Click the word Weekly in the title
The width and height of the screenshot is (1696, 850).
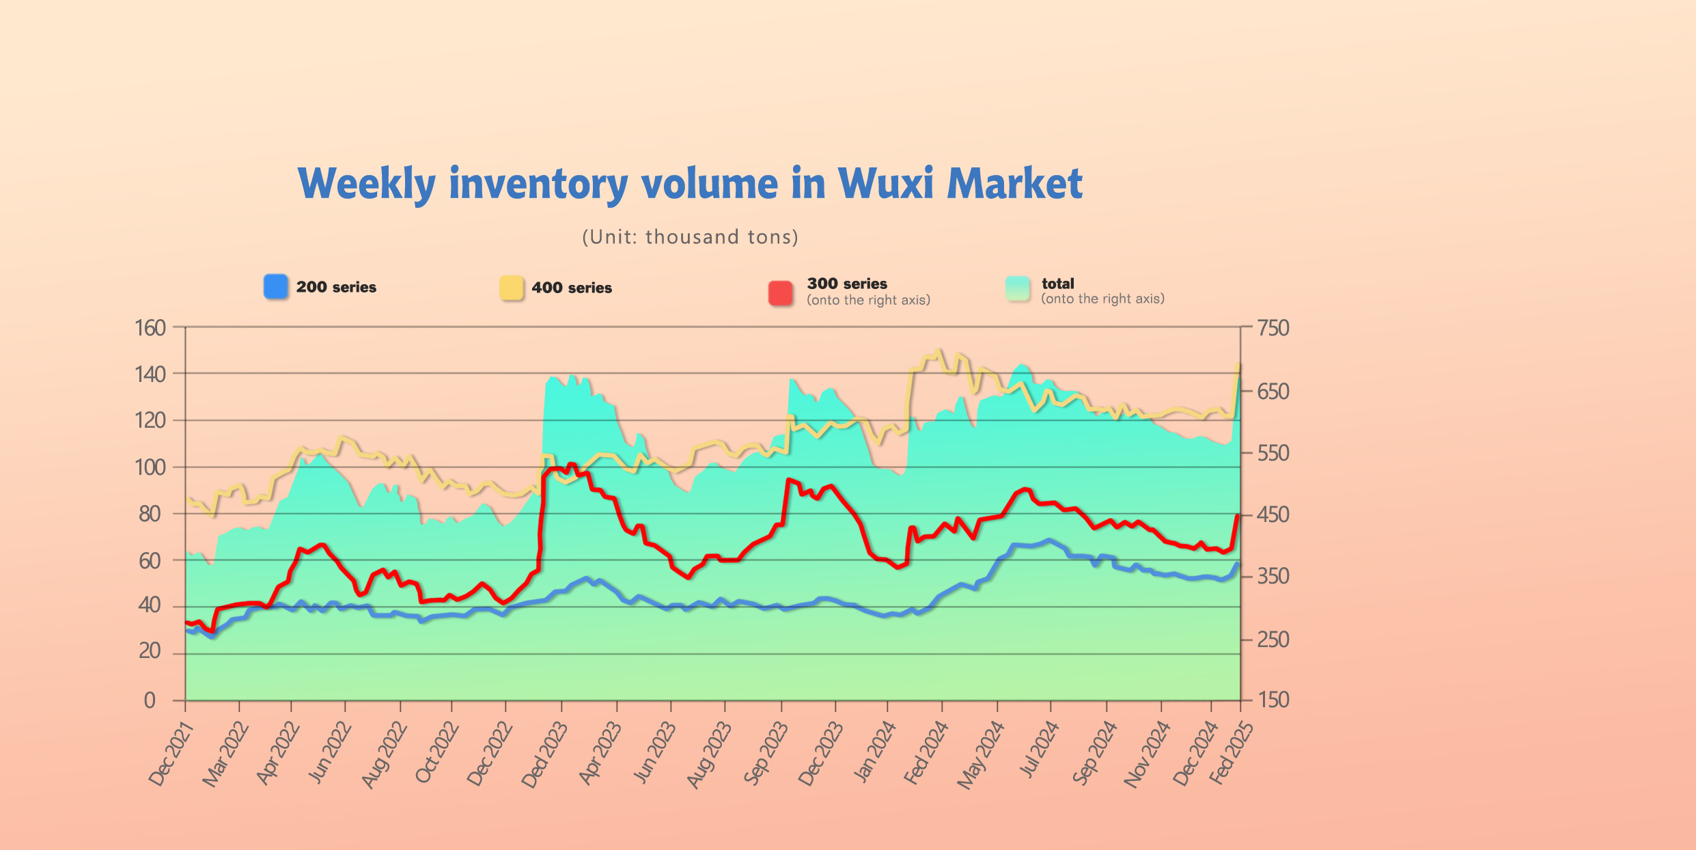coord(366,184)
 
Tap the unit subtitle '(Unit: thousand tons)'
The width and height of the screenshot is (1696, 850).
coord(690,237)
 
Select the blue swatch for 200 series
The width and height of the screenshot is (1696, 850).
coord(276,287)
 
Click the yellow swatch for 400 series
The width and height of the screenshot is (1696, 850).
coord(512,288)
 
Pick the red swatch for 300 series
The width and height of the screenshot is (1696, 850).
coord(781,293)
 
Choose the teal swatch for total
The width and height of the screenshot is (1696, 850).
coord(1018,289)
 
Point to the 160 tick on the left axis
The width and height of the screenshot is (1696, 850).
coord(150,328)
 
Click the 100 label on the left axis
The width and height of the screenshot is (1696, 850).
coord(150,467)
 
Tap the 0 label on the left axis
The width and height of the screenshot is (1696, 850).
coord(150,700)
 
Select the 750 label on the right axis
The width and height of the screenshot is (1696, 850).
coord(1273,328)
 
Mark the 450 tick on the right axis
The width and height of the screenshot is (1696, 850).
coord(1273,515)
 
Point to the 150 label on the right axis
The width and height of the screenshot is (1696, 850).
coord(1273,700)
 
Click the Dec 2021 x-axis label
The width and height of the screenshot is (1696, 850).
coord(171,754)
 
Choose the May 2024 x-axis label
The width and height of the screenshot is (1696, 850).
coord(980,755)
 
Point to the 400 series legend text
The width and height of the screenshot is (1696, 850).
coord(572,288)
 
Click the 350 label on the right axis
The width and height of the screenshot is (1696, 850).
coord(1273,577)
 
